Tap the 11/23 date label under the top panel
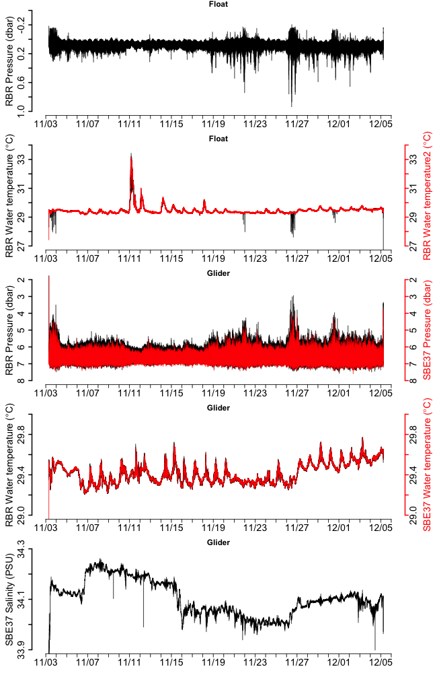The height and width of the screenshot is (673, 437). tap(255, 124)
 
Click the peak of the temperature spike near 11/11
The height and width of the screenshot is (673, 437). tap(131, 154)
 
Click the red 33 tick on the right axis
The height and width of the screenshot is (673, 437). tap(411, 160)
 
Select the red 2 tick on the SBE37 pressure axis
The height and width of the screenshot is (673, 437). tap(411, 279)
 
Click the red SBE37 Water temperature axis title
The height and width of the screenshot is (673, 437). tap(427, 464)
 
